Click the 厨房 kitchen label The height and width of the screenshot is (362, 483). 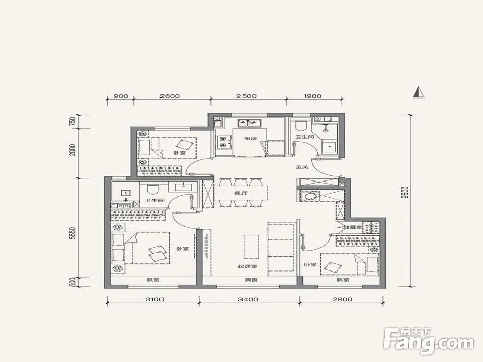(x=250, y=138)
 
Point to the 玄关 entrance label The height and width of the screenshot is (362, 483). (x=302, y=167)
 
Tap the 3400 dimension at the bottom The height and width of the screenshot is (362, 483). (x=249, y=299)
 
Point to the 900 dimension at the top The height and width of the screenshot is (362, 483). (x=121, y=96)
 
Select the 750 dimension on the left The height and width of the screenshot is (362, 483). (x=73, y=121)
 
